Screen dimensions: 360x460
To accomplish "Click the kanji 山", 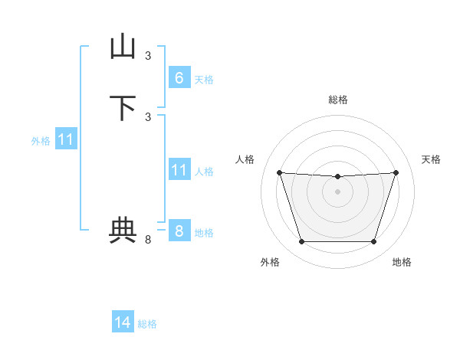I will tap(123, 47).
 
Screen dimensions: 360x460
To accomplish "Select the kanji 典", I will tap(123, 231).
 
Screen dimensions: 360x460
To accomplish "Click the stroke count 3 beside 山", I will tap(148, 55).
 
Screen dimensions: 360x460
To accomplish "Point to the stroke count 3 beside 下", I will tap(148, 116).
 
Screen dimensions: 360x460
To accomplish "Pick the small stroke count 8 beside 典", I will tap(148, 240).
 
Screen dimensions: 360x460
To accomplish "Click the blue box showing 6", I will tap(179, 77).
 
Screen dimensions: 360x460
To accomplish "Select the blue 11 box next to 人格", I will tap(179, 170).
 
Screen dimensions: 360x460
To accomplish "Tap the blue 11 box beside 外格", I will tap(67, 139).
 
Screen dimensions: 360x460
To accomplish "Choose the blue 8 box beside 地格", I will tap(179, 231).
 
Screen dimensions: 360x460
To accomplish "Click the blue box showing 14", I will tap(123, 322).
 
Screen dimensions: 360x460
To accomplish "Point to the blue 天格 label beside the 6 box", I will tap(204, 80).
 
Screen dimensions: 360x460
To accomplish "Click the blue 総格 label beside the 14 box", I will tap(147, 325).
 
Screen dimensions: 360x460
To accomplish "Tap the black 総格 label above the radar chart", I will tap(337, 100).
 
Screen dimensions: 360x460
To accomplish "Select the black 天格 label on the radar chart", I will tap(431, 159).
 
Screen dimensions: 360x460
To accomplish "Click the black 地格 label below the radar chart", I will tap(402, 262).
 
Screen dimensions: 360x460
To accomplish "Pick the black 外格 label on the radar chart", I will tap(270, 262).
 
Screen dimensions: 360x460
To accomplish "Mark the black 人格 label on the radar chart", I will tap(245, 159).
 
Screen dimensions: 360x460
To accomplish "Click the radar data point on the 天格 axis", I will tap(396, 172).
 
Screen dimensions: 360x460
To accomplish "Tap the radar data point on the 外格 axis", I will tap(301, 242).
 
